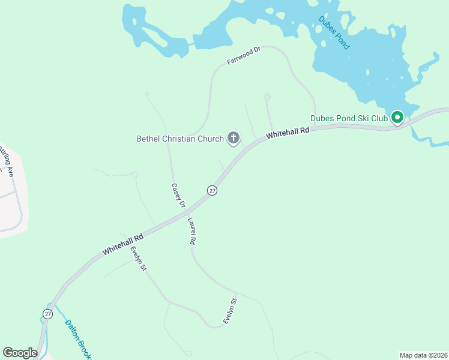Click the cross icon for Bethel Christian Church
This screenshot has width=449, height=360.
(x=233, y=139)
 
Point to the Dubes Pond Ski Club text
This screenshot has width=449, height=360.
(x=349, y=119)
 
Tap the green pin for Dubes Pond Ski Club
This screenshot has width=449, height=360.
(x=397, y=118)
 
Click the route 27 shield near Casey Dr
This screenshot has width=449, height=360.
(x=212, y=190)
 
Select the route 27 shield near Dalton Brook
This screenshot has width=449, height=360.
(x=47, y=314)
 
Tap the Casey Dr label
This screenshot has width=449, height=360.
(x=178, y=196)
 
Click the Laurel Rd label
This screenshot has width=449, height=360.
(x=192, y=230)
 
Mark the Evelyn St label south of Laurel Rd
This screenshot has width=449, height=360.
(x=231, y=311)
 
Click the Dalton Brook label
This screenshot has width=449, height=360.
(x=77, y=338)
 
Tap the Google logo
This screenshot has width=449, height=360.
(x=20, y=353)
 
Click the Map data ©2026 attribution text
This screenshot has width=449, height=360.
(x=423, y=355)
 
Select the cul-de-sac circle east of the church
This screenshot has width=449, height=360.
(x=267, y=96)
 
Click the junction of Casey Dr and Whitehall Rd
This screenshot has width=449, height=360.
(x=185, y=212)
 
